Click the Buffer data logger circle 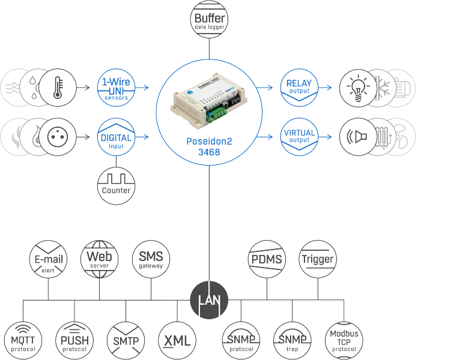[209, 19]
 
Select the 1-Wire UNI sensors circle [116, 88]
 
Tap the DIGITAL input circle [116, 137]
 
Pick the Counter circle [116, 186]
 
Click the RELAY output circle [299, 88]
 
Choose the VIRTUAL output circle [299, 137]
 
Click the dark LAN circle [209, 300]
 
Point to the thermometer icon [58, 88]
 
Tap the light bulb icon [358, 88]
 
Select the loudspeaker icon [358, 137]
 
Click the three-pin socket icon [58, 137]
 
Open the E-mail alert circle [48, 259]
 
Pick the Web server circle [99, 259]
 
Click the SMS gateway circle [151, 259]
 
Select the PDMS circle [267, 259]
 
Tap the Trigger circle [318, 259]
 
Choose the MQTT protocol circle [23, 341]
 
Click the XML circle [177, 341]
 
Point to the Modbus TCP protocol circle [343, 341]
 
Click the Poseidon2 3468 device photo [209, 101]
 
